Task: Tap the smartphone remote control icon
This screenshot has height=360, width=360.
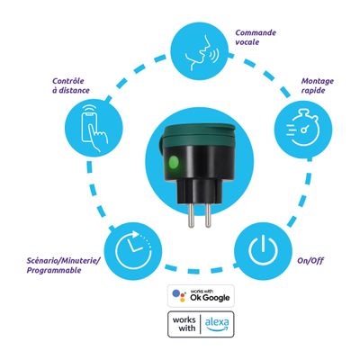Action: click(x=94, y=128)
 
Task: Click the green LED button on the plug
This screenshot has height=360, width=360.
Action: click(x=174, y=163)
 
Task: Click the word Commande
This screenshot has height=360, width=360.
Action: click(x=256, y=32)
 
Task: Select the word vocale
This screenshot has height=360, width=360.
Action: click(x=247, y=42)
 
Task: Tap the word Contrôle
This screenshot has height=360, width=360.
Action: click(x=68, y=81)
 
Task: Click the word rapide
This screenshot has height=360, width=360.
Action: click(x=313, y=91)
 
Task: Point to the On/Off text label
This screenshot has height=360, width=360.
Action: click(x=310, y=260)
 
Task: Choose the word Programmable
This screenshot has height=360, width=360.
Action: click(x=54, y=270)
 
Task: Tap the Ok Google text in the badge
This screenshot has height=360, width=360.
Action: click(x=210, y=298)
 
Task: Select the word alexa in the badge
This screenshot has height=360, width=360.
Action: click(x=217, y=322)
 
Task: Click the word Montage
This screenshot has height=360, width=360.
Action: click(x=318, y=81)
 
